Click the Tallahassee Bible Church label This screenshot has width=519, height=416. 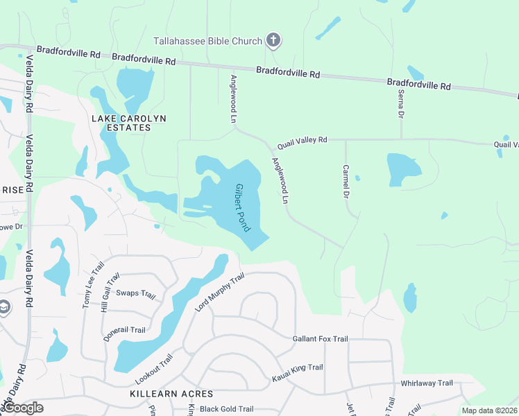207,41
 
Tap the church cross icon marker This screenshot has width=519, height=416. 274,40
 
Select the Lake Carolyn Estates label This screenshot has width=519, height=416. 129,123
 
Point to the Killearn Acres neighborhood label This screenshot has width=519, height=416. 171,394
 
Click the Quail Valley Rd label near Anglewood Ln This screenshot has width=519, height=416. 302,143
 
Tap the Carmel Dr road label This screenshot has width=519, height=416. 346,180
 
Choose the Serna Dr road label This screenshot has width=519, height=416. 401,103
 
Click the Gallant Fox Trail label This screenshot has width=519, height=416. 320,338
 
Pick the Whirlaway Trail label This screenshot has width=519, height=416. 427,383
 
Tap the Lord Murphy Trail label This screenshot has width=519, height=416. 220,292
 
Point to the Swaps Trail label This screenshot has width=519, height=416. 135,293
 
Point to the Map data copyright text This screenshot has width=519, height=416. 490,410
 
